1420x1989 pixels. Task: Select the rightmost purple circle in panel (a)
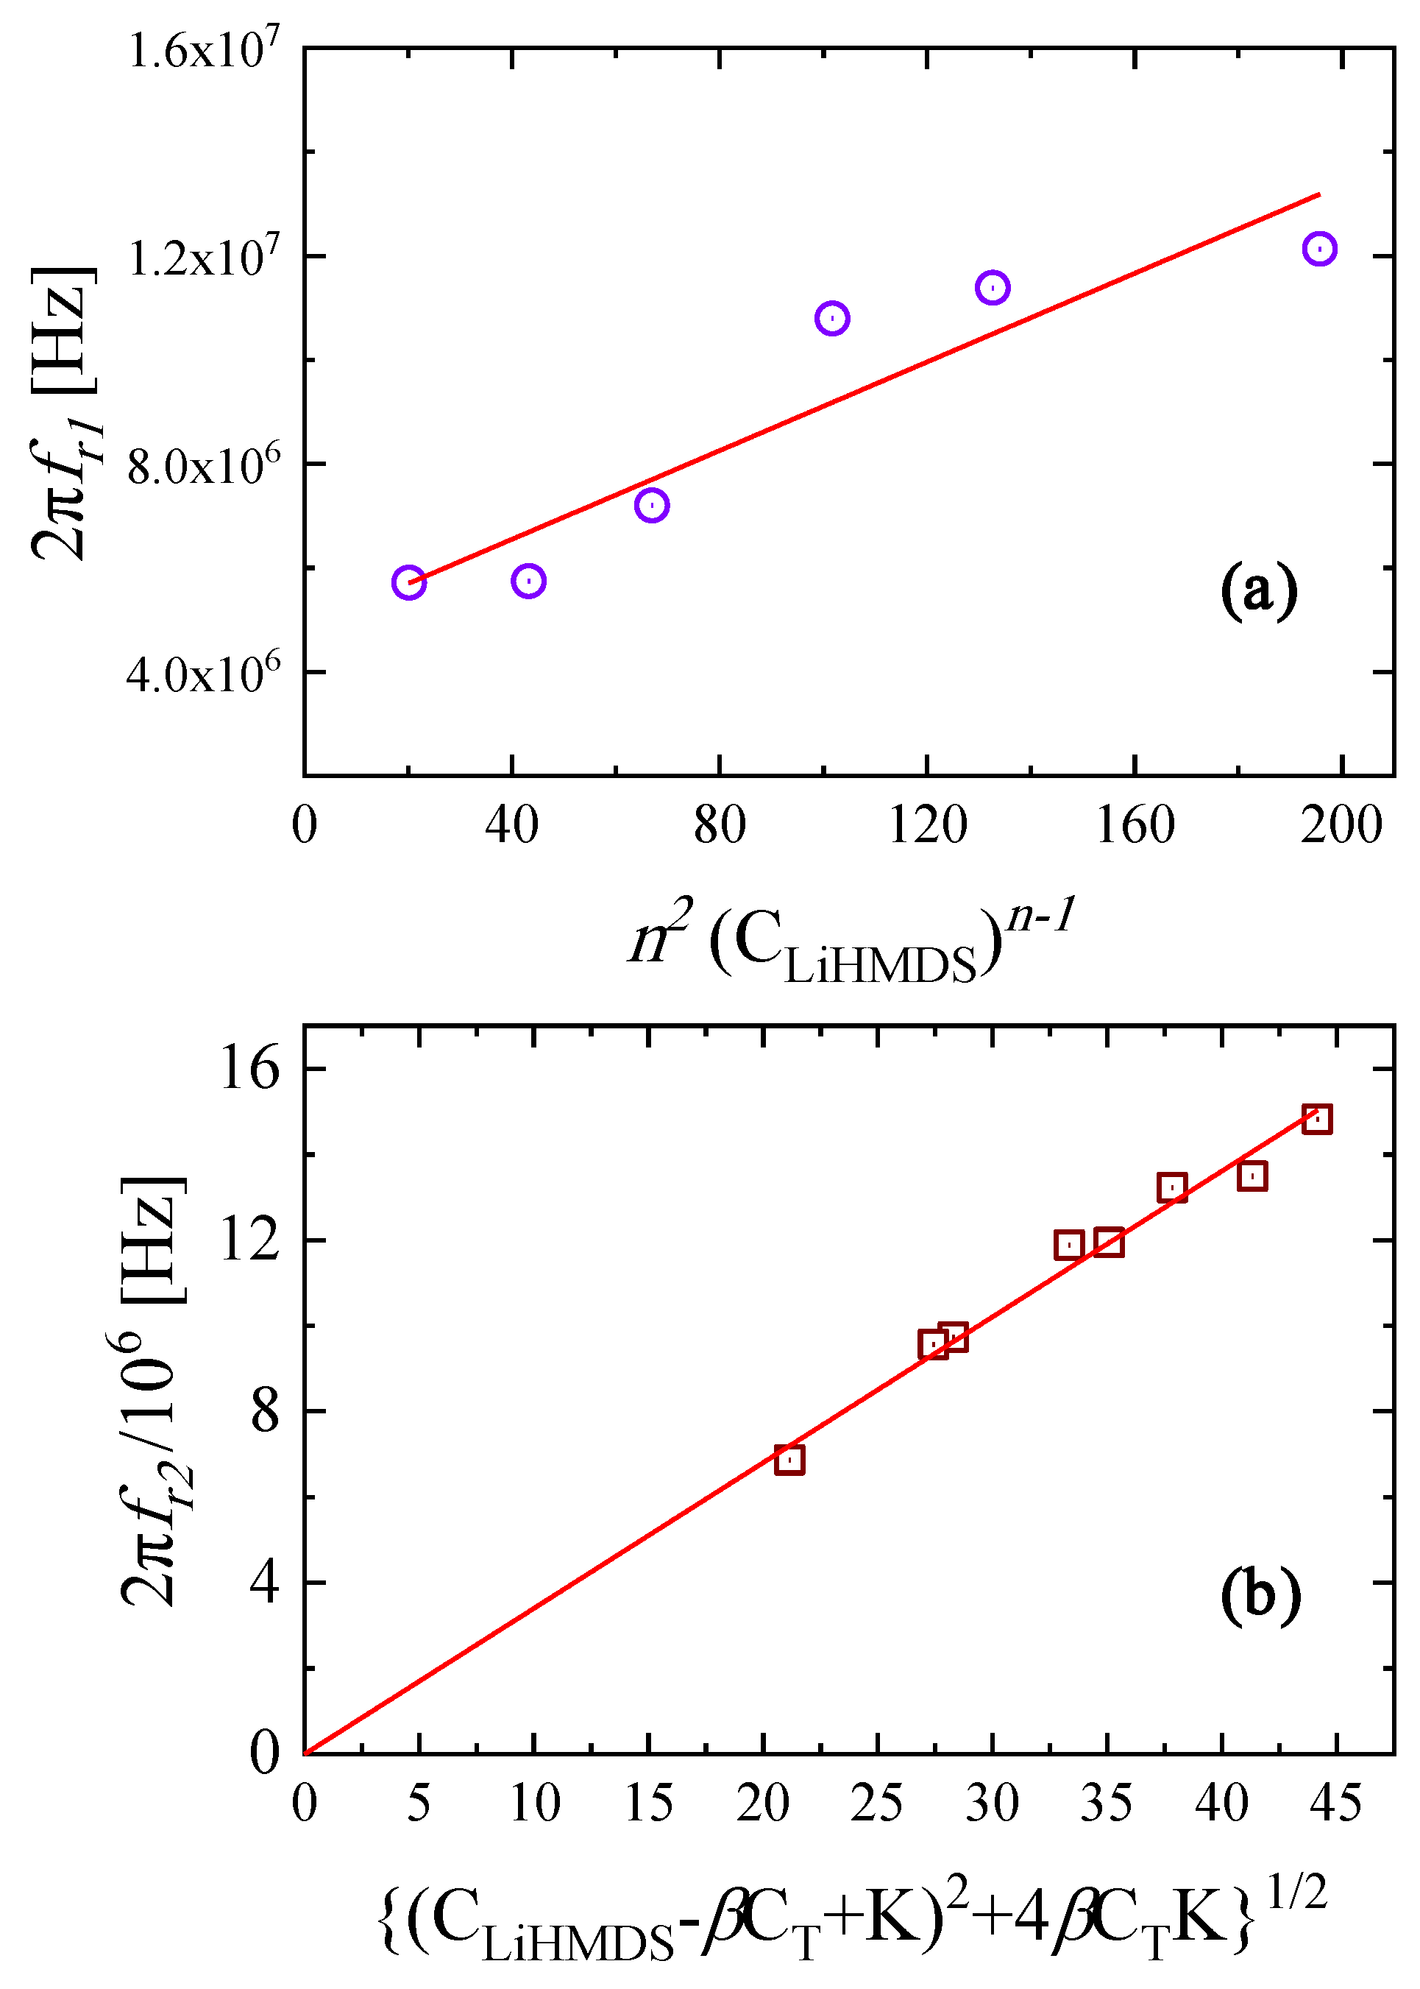coord(1318,248)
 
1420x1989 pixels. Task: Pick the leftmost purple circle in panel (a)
coord(409,582)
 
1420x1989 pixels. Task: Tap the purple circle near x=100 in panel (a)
coord(831,319)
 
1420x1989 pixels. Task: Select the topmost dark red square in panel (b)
coord(1317,1119)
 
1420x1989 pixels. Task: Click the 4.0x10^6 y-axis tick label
coord(204,674)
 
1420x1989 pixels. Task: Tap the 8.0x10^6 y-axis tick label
coord(204,465)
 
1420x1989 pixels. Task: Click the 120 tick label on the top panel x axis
coord(927,824)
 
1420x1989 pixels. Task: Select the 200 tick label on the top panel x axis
coord(1341,824)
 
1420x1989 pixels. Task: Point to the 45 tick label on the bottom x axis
coord(1336,1803)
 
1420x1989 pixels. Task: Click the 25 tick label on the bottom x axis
coord(877,1803)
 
